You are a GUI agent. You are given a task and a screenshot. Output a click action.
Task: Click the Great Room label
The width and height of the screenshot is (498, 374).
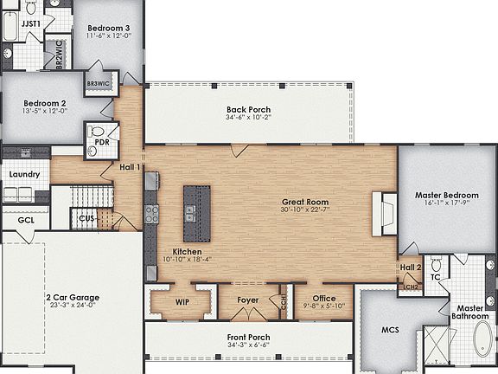(x=305, y=202)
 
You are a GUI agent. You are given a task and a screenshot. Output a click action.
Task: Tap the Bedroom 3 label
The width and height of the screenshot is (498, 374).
(x=109, y=29)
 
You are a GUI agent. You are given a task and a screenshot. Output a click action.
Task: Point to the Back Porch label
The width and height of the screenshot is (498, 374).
(x=249, y=110)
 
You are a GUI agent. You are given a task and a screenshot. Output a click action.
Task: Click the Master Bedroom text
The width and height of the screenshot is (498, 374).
(x=446, y=195)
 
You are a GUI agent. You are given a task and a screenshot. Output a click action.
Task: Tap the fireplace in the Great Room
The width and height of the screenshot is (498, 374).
(x=384, y=212)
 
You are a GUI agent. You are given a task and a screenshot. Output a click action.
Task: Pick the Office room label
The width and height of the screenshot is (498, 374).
(x=323, y=299)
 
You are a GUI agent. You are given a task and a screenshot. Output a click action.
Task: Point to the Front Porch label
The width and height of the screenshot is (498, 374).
(x=249, y=337)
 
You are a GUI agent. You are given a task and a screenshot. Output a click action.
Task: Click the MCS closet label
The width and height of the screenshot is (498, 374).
(x=390, y=330)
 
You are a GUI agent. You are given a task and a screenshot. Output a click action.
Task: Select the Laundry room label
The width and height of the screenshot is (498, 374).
(x=24, y=174)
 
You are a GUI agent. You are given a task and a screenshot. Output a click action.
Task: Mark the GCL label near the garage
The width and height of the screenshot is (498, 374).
(x=26, y=220)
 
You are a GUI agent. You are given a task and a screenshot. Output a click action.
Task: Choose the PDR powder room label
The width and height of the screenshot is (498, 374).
(x=101, y=141)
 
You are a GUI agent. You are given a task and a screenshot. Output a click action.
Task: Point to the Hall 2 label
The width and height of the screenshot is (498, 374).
(x=410, y=268)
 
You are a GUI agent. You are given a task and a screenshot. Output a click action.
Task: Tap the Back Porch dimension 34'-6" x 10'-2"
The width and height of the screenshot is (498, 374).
(x=249, y=119)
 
